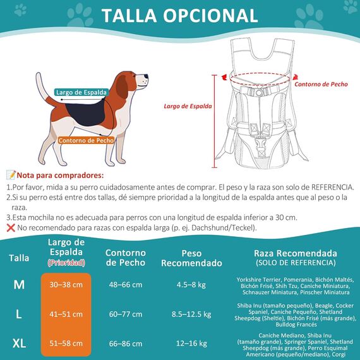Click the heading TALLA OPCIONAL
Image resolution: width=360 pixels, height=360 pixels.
(x=180, y=16)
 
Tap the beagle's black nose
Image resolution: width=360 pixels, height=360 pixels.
(x=147, y=76)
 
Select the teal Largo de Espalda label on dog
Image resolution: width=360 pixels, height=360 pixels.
(x=81, y=92)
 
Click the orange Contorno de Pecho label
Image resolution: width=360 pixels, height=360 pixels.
(x=86, y=140)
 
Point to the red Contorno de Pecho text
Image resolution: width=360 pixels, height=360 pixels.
(x=321, y=84)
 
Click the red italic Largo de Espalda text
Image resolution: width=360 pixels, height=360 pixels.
(x=188, y=106)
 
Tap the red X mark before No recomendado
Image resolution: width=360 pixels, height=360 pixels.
(x=11, y=228)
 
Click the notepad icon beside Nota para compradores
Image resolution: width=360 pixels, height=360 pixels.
(x=11, y=175)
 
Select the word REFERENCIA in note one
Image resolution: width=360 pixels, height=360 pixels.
(x=332, y=187)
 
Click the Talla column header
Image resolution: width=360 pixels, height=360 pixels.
(x=19, y=258)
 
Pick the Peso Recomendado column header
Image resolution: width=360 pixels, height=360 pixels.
(x=191, y=258)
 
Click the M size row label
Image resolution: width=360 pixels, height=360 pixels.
(x=19, y=285)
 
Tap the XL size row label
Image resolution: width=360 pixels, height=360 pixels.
(x=19, y=344)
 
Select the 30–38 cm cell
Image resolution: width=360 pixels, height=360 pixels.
(x=66, y=285)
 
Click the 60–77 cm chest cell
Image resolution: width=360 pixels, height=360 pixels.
(x=126, y=314)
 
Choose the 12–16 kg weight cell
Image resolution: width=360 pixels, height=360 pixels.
(x=191, y=344)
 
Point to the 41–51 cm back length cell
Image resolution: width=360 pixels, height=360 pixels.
(x=66, y=314)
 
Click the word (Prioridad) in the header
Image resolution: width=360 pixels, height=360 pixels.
(x=66, y=263)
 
